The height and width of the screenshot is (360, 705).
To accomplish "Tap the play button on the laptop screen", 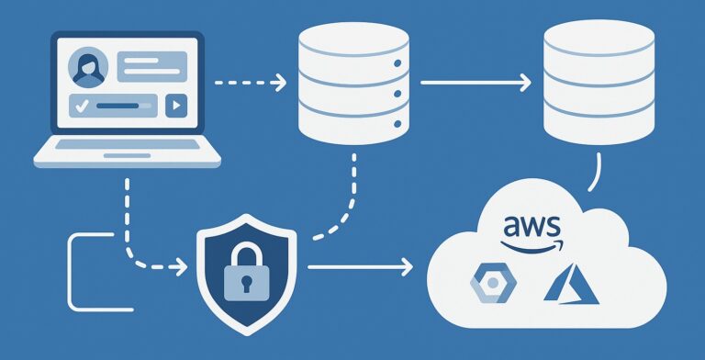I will (x=174, y=106).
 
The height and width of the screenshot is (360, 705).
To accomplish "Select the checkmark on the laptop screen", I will (x=81, y=106).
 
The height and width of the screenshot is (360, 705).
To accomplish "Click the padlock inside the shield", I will (x=245, y=275).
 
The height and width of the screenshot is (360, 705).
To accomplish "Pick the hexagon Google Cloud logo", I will (x=489, y=284).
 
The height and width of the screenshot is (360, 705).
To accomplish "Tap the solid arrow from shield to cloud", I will (x=359, y=267).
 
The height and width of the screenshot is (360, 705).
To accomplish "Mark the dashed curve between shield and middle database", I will (x=342, y=206).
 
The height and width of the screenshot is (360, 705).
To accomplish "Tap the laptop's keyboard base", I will (x=127, y=159).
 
